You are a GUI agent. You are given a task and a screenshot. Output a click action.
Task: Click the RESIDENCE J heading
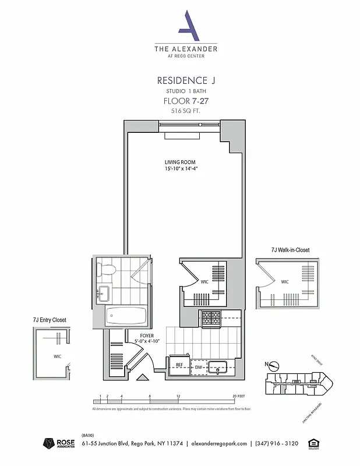[182, 80]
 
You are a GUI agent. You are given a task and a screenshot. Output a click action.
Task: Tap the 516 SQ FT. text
[182, 110]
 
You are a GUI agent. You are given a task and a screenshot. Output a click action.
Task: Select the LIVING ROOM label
[179, 162]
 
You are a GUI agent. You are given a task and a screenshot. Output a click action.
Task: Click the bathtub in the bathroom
[125, 316]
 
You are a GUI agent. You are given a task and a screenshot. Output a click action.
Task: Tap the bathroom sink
[104, 293]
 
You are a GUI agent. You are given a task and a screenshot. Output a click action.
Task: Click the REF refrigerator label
[179, 365]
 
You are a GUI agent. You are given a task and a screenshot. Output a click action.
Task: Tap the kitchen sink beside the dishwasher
[218, 367]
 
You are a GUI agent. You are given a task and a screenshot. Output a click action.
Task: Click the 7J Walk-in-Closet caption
[290, 250]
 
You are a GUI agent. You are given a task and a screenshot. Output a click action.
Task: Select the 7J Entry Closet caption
[50, 320]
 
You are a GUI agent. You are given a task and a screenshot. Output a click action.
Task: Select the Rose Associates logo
[57, 444]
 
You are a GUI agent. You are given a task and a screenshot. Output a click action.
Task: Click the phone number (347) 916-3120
[276, 444]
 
